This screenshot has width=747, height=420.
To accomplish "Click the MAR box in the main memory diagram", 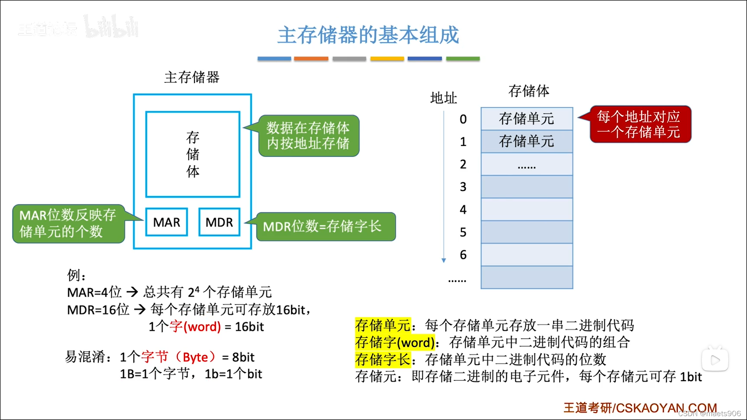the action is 167,222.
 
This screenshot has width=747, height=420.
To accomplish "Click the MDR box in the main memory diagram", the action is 219,222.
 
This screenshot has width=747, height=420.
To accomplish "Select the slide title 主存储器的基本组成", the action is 368,35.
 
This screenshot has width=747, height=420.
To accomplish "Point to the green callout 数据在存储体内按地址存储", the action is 307,136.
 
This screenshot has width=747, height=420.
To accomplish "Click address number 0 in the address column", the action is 463,119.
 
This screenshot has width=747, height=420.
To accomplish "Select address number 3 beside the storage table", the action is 463,187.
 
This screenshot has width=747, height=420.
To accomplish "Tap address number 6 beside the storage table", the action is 463,255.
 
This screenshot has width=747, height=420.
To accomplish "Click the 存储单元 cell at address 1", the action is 527,141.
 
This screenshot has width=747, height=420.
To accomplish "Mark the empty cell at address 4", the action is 527,210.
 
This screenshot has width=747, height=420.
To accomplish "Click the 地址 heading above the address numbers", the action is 444,98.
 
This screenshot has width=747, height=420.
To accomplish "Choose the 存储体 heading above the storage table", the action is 529,91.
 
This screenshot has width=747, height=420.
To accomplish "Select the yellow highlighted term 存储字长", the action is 383,360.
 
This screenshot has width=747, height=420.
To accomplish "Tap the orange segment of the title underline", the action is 311,59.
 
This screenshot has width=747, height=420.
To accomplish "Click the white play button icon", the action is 715,360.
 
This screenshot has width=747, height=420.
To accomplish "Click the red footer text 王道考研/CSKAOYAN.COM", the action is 640,408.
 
